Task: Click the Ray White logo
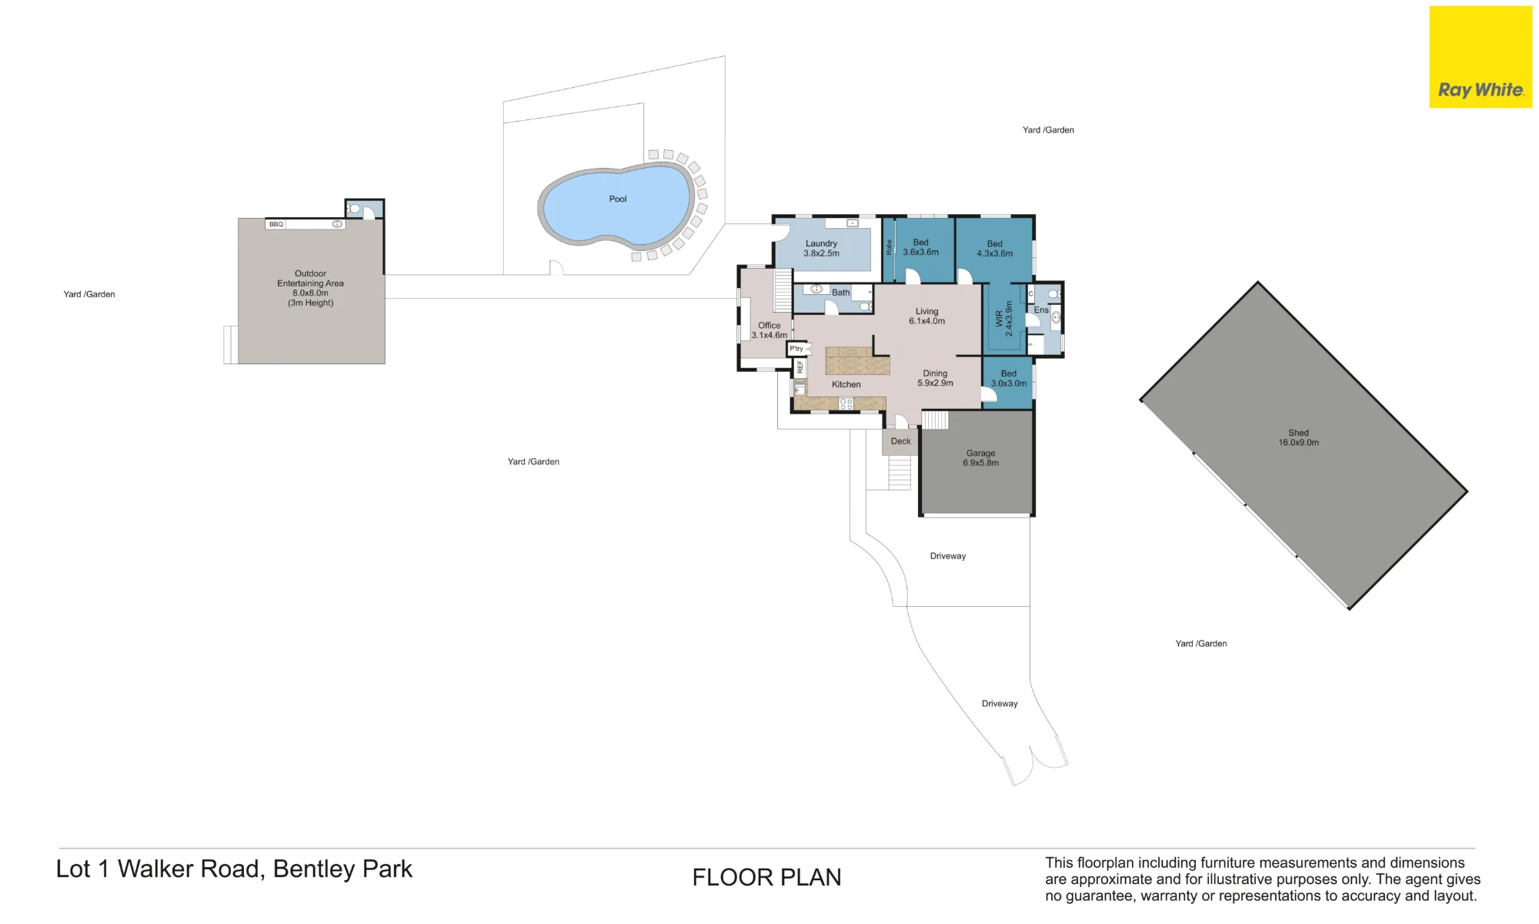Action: (x=1481, y=57)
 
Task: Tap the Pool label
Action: (x=618, y=199)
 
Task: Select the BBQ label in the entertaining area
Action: (x=276, y=224)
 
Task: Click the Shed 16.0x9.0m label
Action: (x=1299, y=438)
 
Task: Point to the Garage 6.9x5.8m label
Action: (x=981, y=458)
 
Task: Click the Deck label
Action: (x=901, y=441)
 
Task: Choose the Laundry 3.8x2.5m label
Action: (x=822, y=249)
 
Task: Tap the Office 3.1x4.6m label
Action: (x=769, y=330)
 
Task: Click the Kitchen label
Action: (x=846, y=384)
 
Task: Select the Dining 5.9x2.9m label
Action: (x=936, y=378)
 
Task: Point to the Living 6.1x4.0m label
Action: (x=927, y=316)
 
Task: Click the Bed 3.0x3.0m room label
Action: (x=1009, y=378)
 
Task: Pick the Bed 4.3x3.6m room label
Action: (x=995, y=249)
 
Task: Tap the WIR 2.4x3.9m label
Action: (x=1004, y=319)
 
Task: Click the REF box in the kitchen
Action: (x=800, y=367)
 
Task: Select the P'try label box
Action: (x=796, y=349)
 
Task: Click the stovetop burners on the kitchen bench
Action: (x=846, y=403)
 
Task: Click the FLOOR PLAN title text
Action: (x=766, y=878)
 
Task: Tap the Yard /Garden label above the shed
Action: (x=1048, y=130)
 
